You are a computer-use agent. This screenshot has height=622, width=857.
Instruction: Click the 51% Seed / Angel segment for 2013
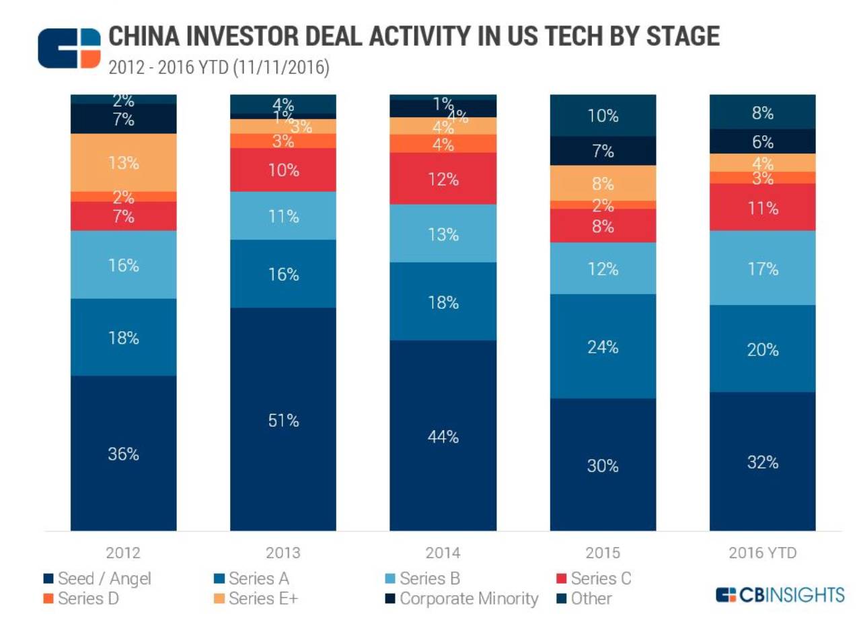[283, 419]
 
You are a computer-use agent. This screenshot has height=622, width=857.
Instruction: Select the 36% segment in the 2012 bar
[124, 453]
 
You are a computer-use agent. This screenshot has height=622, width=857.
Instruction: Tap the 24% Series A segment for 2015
[603, 346]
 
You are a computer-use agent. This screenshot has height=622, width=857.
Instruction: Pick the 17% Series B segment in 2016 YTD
[763, 268]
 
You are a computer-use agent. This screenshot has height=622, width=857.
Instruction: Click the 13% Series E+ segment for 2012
[124, 162]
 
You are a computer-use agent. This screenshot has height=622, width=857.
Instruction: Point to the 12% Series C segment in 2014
[443, 178]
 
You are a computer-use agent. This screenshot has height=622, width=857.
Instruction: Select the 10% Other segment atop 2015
[603, 115]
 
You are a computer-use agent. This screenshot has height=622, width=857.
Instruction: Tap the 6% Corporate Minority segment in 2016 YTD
[763, 141]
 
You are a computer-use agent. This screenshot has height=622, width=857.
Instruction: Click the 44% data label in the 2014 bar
[443, 436]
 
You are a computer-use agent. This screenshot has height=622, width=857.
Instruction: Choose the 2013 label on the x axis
[283, 553]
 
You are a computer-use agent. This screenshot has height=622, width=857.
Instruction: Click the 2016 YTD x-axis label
[763, 553]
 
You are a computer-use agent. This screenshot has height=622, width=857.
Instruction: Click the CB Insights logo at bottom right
[780, 594]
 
